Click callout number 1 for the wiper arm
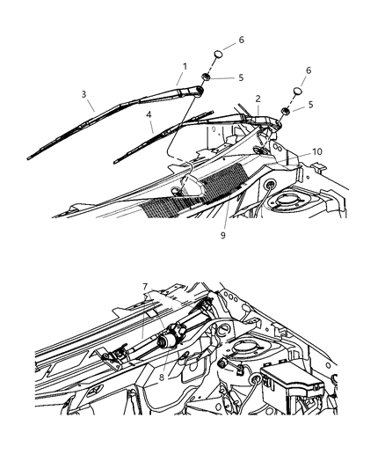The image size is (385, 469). pos(185,66)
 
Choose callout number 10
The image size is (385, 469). pos(293,151)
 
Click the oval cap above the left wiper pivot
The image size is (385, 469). pos(216,58)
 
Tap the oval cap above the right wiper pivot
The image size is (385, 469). pos(298,92)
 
